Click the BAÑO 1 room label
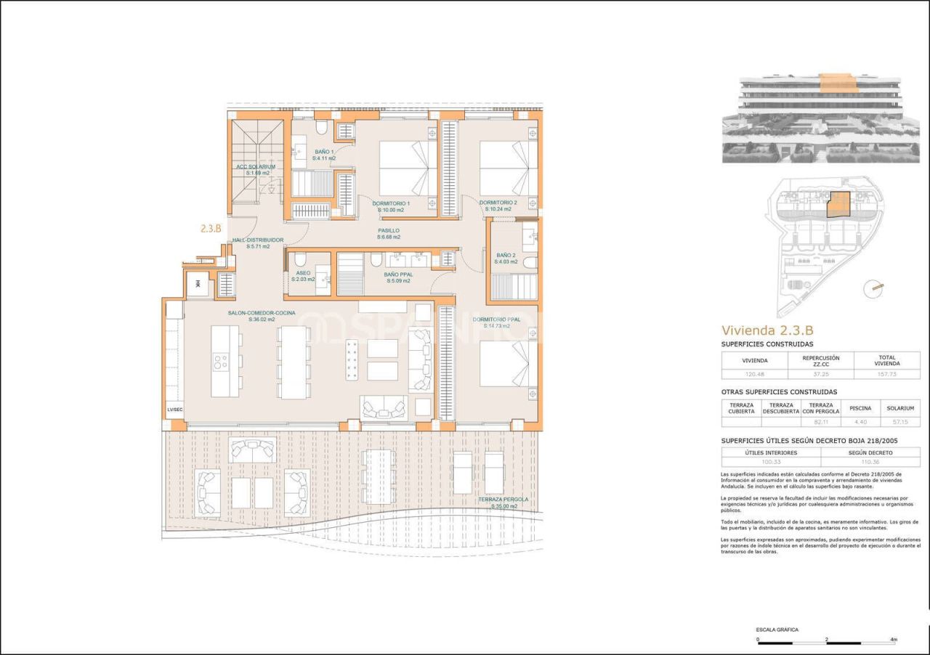[x=324, y=152]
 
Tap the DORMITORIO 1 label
[x=392, y=203]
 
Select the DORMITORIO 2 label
[x=498, y=203]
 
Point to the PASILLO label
[x=389, y=231]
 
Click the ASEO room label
[x=303, y=274]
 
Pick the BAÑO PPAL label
[x=398, y=274]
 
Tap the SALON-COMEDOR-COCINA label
[x=261, y=312]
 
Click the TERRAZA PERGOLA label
[x=503, y=500]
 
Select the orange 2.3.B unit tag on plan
[x=211, y=227]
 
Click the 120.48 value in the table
[x=754, y=375]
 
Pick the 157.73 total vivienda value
[x=886, y=375]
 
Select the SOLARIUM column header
[x=900, y=408]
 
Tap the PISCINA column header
[x=860, y=408]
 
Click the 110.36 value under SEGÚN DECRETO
[x=870, y=462]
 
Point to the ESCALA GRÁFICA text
[x=777, y=630]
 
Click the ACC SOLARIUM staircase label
[x=255, y=166]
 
